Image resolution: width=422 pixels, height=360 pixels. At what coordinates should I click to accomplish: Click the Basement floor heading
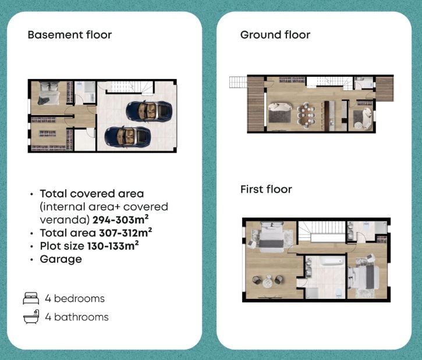(x=70, y=35)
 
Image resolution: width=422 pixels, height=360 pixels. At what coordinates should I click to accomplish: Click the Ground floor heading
(x=275, y=35)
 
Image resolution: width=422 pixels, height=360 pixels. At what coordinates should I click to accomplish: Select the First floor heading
(x=266, y=189)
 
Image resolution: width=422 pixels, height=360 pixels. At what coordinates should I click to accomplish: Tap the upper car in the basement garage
(x=149, y=111)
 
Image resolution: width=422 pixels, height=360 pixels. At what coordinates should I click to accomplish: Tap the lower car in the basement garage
(x=127, y=137)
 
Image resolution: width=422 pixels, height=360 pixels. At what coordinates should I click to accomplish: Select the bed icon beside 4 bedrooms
(x=31, y=298)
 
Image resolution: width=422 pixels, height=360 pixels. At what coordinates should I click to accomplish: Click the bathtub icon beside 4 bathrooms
(x=31, y=316)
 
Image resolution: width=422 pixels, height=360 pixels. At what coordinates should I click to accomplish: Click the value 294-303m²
(x=120, y=220)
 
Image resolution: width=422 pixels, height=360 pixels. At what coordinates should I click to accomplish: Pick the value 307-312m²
(x=125, y=233)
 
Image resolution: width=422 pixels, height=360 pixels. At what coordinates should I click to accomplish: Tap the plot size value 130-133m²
(x=113, y=246)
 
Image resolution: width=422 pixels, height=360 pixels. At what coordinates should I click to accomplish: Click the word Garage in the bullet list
(x=61, y=259)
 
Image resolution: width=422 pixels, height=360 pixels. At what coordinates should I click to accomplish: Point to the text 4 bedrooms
(x=75, y=298)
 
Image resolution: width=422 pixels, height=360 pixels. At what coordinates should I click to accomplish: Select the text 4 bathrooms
(x=77, y=317)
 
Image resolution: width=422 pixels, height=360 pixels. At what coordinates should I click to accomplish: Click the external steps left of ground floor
(x=238, y=82)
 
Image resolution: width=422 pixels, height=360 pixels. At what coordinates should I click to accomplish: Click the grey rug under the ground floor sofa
(x=279, y=116)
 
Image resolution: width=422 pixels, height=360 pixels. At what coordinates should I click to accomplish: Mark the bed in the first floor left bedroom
(x=271, y=237)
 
